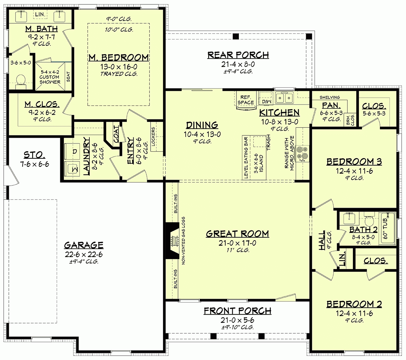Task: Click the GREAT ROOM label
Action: [x=238, y=234]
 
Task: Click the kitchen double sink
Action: [x=284, y=98]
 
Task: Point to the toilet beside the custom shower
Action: [x=21, y=81]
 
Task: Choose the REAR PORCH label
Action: [x=238, y=55]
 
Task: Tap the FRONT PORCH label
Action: [x=238, y=311]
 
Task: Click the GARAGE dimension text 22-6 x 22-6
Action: [x=84, y=254]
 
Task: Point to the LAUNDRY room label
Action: [x=86, y=156]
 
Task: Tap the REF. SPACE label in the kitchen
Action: [x=246, y=100]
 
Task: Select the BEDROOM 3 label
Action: [x=354, y=162]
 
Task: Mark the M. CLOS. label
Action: [x=42, y=104]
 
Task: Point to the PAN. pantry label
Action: [x=331, y=106]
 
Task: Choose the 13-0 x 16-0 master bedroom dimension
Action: [x=118, y=67]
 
